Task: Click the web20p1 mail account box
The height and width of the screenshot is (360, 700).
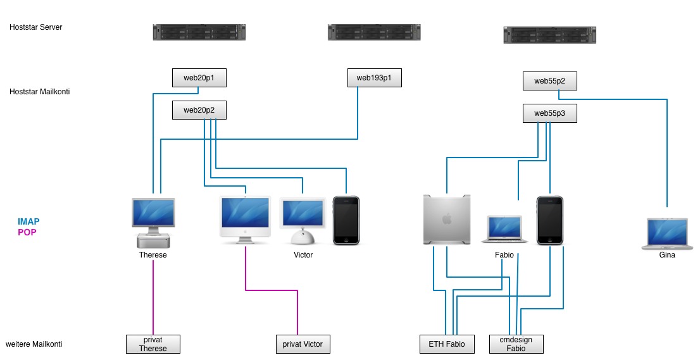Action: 199,78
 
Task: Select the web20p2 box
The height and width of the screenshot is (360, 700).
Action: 199,110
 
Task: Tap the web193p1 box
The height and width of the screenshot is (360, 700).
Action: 374,78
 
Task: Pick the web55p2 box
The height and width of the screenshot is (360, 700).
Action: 549,81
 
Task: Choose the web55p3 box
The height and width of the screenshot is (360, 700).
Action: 549,113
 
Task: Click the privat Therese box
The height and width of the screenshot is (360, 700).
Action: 153,344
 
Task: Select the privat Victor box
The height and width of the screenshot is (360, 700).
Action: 303,344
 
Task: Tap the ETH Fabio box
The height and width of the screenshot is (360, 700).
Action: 446,344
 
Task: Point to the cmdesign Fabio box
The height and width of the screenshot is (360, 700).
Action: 516,344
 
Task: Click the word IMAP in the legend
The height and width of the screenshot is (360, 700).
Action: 28,221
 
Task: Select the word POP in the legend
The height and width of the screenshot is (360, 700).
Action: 27,232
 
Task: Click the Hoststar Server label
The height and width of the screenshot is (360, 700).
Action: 36,27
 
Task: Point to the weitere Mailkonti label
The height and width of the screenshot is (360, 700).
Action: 34,344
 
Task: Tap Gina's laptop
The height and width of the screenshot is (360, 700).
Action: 667,232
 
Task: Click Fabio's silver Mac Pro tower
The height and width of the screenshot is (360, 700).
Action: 447,220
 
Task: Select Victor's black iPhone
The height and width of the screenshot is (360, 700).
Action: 346,220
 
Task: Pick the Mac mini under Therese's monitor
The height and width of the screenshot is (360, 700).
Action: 153,240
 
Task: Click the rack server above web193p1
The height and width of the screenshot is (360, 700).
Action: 374,32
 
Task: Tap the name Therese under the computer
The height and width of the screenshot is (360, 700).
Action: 153,255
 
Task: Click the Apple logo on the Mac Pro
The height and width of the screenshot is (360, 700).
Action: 447,219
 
